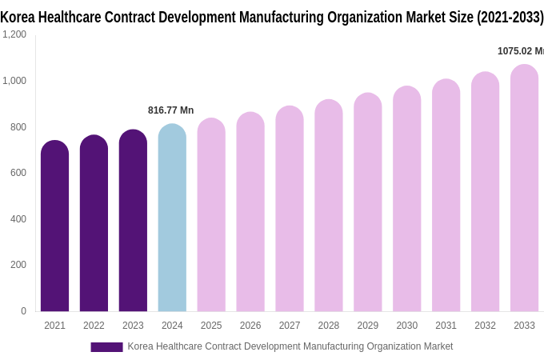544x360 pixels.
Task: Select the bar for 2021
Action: click(54, 228)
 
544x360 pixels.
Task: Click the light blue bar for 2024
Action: click(172, 220)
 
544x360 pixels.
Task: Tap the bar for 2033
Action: click(524, 190)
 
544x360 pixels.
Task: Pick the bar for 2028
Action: click(329, 208)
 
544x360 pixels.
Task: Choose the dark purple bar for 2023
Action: click(133, 222)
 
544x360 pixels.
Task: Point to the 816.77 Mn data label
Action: click(170, 110)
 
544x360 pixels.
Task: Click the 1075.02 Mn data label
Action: click(520, 51)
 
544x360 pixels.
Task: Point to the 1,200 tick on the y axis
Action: click(14, 34)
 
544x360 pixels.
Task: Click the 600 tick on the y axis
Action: click(18, 173)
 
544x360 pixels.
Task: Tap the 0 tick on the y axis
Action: click(23, 311)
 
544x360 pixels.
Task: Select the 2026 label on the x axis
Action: click(250, 326)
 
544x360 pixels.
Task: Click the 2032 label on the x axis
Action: click(485, 326)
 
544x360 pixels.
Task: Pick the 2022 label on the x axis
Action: click(94, 326)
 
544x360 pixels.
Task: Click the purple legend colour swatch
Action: click(106, 347)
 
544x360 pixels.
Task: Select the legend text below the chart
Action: click(290, 346)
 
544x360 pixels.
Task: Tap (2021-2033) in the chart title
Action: click(510, 17)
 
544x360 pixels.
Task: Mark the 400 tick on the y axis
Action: click(18, 219)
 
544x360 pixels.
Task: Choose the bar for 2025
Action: click(211, 216)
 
